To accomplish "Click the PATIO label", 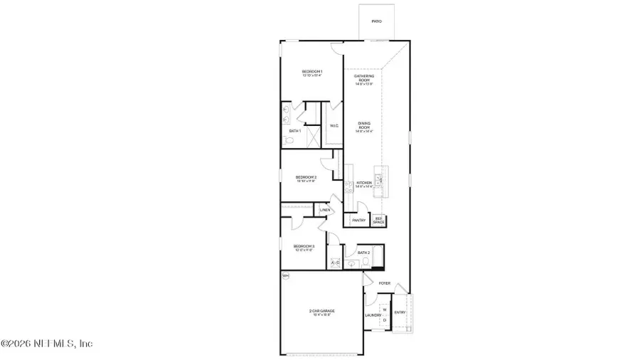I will pyautogui.click(x=377, y=21).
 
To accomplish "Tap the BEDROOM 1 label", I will pyautogui.click(x=312, y=72).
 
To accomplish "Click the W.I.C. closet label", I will pyautogui.click(x=334, y=126).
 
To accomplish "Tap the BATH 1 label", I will pyautogui.click(x=295, y=131).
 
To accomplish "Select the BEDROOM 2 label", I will pyautogui.click(x=306, y=177).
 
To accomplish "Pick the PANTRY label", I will pyautogui.click(x=359, y=221).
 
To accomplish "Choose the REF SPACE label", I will pyautogui.click(x=379, y=221).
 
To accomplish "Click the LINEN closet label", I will pyautogui.click(x=324, y=210).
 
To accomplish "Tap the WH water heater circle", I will pyautogui.click(x=286, y=275).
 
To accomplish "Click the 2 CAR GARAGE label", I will pyautogui.click(x=322, y=311).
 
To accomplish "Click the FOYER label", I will pyautogui.click(x=385, y=283).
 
